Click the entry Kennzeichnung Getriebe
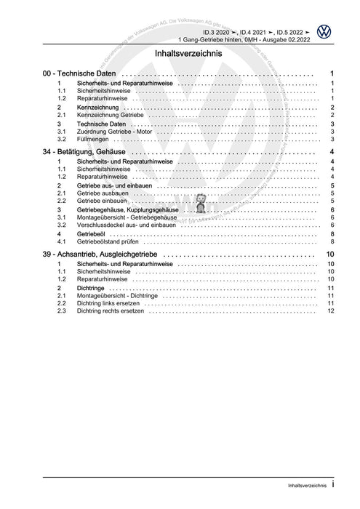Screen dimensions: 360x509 pyautogui.click(x=106, y=115)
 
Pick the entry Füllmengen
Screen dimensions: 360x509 pyautogui.click(x=92, y=139)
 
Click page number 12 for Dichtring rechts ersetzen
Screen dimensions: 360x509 pyautogui.click(x=330, y=311)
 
